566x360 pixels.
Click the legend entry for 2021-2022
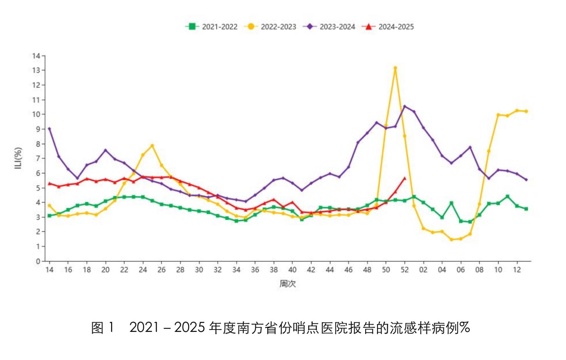coord(212,27)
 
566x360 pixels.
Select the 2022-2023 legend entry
coord(271,27)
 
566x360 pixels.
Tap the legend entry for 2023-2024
coord(329,27)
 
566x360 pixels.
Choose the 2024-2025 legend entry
coord(388,27)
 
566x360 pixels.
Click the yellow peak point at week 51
coord(395,68)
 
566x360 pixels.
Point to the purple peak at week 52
coord(405,106)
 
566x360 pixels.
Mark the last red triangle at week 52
coord(405,178)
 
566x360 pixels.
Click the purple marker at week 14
coord(50,129)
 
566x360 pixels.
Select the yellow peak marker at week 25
coord(152,146)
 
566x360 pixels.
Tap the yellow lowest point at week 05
coord(451,240)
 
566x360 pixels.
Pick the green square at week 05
coord(451,203)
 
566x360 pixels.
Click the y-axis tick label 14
coord(36,56)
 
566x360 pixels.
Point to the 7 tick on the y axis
coord(38,158)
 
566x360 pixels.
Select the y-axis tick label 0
coord(38,261)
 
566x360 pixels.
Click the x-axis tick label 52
coord(405,270)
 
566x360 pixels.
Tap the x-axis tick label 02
coord(423,270)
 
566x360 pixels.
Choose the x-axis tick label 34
coord(236,270)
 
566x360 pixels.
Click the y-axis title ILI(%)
coord(18,158)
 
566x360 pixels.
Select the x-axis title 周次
coord(288,284)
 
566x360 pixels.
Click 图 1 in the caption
coord(103,328)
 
